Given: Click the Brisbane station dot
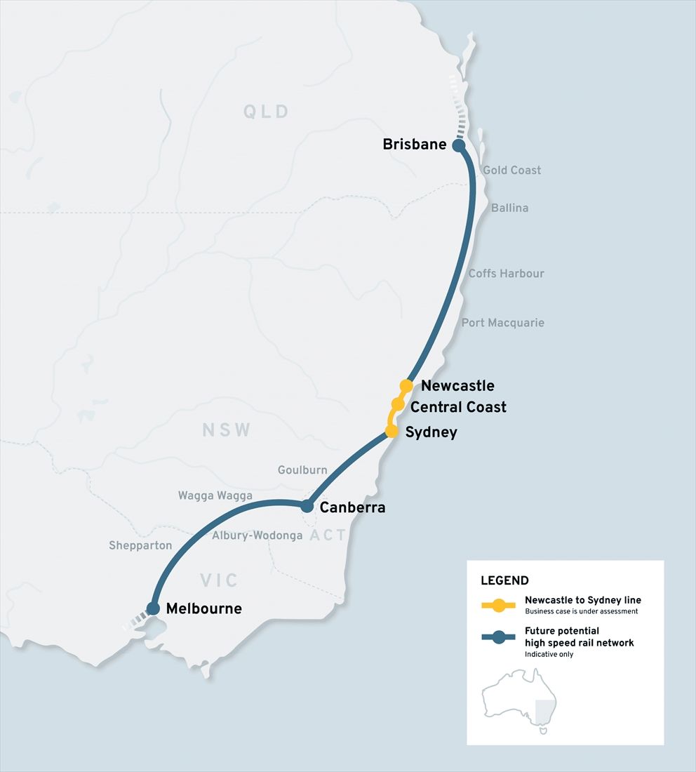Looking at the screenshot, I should coord(458,145).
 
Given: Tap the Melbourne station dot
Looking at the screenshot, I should coord(154,608).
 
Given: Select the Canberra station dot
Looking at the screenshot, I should coord(307,506).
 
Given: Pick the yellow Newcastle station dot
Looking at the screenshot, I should coord(406,385).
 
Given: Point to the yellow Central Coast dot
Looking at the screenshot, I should coord(398,404).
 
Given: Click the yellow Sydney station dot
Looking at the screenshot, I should coord(391,431).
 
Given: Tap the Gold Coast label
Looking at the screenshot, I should coord(511,170).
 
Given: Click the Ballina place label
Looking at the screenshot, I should coord(509,208).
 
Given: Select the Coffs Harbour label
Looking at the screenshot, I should coord(506,273).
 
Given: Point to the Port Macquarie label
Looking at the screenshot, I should coord(502,323).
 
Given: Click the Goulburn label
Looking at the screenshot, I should coord(302,470).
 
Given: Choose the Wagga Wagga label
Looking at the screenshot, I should coord(215,495).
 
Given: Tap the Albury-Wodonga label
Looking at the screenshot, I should coord(257,535).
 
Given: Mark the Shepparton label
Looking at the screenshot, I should coord(140,545).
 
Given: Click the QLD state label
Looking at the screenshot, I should coord(266,112).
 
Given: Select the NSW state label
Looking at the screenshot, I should coord(226,430).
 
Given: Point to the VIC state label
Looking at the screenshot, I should coord(219,580).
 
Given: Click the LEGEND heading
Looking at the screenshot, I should coord(504,580).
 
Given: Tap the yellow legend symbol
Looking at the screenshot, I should coord(499,605).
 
